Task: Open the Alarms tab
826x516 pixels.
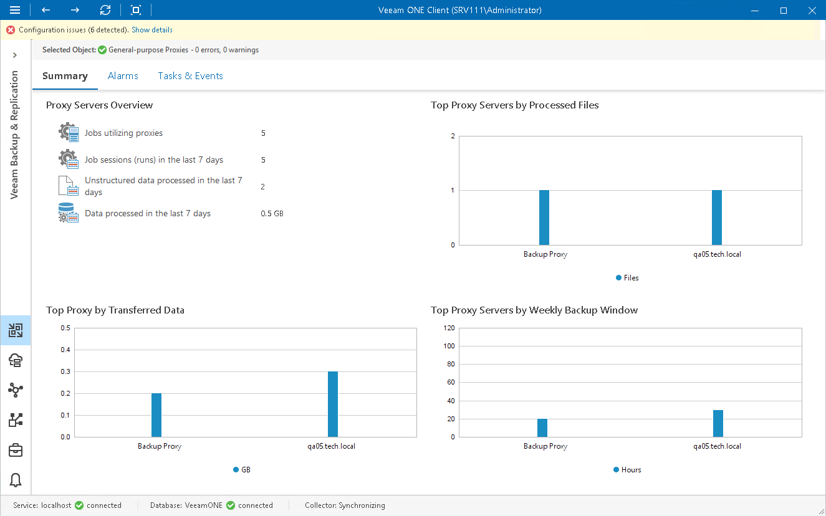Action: pyautogui.click(x=123, y=76)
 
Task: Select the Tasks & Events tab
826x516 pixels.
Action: pyautogui.click(x=190, y=76)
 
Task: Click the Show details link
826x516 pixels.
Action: pyautogui.click(x=152, y=30)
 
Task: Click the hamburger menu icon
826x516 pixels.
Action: pyautogui.click(x=15, y=10)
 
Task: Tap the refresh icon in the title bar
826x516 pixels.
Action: pyautogui.click(x=105, y=10)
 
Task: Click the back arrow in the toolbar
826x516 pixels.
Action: pyautogui.click(x=46, y=10)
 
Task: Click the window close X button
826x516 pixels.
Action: pyautogui.click(x=811, y=10)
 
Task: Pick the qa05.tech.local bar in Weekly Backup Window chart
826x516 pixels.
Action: pyautogui.click(x=718, y=423)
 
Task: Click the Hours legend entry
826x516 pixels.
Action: pyautogui.click(x=627, y=470)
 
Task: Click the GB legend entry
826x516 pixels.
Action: pyautogui.click(x=242, y=470)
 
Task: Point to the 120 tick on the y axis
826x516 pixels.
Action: pyautogui.click(x=449, y=328)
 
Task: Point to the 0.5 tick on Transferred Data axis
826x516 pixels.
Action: pyautogui.click(x=65, y=328)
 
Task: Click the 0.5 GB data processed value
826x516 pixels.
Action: pyautogui.click(x=272, y=214)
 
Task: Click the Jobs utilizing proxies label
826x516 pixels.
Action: pyautogui.click(x=123, y=133)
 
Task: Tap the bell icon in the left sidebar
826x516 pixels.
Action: pyautogui.click(x=16, y=480)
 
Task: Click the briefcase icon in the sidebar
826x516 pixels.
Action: pyautogui.click(x=16, y=450)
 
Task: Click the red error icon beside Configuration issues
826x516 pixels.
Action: pyautogui.click(x=11, y=30)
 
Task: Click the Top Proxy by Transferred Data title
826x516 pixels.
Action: pyautogui.click(x=115, y=310)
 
